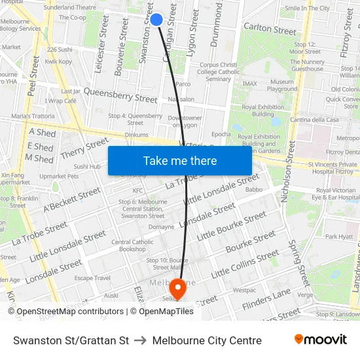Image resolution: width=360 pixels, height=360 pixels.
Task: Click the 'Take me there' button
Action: pos(179,160)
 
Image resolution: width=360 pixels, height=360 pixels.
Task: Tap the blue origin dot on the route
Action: pos(156,19)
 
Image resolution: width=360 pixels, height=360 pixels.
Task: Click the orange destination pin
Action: pos(177,289)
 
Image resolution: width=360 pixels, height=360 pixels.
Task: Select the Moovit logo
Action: pos(320,340)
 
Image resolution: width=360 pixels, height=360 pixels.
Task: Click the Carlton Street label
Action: pos(270,29)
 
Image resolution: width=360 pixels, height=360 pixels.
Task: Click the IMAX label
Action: pos(249,84)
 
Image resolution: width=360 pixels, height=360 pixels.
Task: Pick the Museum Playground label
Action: pos(282,86)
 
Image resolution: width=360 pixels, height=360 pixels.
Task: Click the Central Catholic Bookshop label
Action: pos(132,245)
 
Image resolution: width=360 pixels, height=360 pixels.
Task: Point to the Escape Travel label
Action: pos(92,278)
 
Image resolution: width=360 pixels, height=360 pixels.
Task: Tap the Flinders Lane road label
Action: pos(265,300)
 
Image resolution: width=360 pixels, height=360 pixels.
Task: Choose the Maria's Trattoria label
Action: pos(33,117)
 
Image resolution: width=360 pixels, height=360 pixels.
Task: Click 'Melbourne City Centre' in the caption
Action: pos(207,340)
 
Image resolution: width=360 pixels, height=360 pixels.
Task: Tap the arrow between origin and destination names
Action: pos(140,340)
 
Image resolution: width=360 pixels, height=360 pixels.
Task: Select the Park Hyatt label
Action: pos(339,237)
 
